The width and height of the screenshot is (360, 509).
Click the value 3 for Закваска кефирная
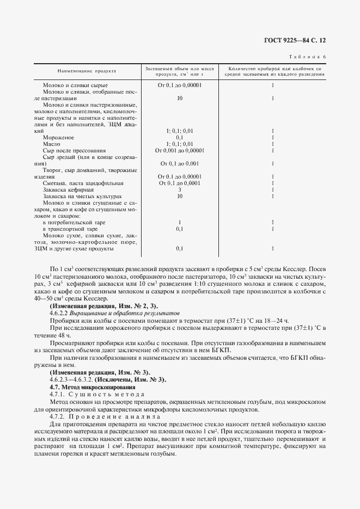click(179, 189)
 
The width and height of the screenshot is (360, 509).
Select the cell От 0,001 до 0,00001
click(179, 151)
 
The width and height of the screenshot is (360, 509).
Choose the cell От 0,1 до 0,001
click(179, 164)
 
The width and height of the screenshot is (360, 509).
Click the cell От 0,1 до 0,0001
click(179, 183)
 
